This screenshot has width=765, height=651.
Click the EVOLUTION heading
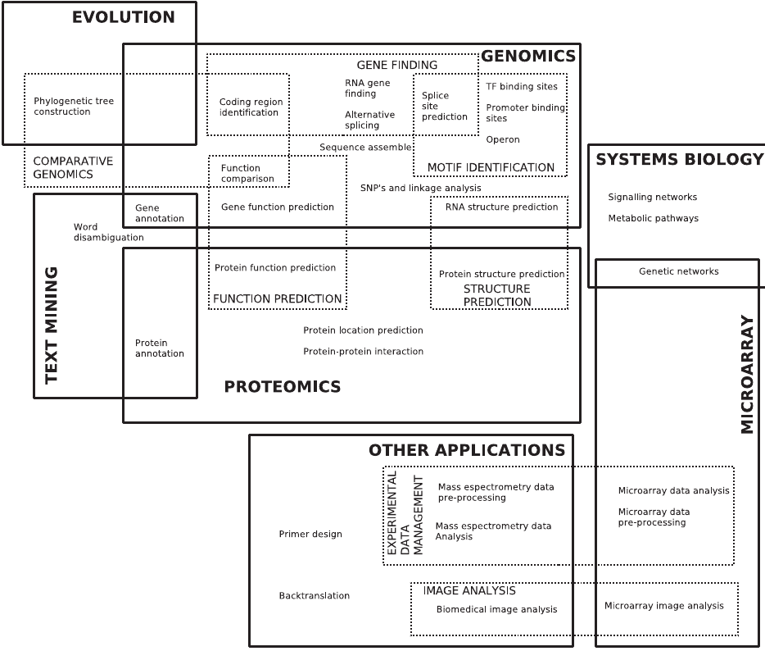pos(124,17)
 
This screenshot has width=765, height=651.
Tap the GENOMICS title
pos(528,57)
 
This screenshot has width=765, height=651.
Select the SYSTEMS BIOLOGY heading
pos(679,159)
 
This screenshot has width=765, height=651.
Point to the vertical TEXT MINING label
pos(52,325)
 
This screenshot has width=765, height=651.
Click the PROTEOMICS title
pos(283,387)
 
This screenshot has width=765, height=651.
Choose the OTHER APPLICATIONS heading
pos(466,450)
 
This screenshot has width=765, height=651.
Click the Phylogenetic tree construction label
pos(74,107)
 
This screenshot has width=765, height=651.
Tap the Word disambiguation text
pos(108,232)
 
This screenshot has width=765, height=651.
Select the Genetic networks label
pos(678,271)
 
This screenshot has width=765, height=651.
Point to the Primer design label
pos(310,535)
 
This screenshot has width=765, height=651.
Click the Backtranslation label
pos(314,596)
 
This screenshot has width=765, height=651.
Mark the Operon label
pos(503,139)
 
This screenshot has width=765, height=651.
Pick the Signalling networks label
pos(653,198)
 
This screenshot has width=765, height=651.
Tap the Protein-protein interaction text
pos(363,352)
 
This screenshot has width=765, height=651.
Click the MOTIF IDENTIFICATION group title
pos(491,168)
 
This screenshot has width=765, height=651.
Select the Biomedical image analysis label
pos(496,609)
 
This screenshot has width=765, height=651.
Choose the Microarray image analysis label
pos(664,606)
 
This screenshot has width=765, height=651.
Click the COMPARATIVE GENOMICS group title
pos(73,167)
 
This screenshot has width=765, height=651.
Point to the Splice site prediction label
pos(444,106)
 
